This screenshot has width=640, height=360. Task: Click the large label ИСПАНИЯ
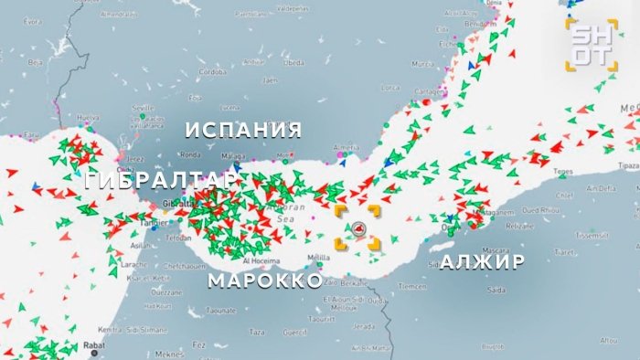point(243,129)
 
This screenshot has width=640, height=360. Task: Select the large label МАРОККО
point(265,280)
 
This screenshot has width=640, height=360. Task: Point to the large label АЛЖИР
point(483,262)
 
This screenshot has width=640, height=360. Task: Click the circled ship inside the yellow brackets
point(359,228)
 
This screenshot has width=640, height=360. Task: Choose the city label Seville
point(144,107)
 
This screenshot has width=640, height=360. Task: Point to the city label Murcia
point(422,65)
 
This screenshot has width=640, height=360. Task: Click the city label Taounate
point(221,311)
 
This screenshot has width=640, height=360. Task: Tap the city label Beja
point(37,62)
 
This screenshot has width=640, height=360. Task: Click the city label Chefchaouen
point(165,266)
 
